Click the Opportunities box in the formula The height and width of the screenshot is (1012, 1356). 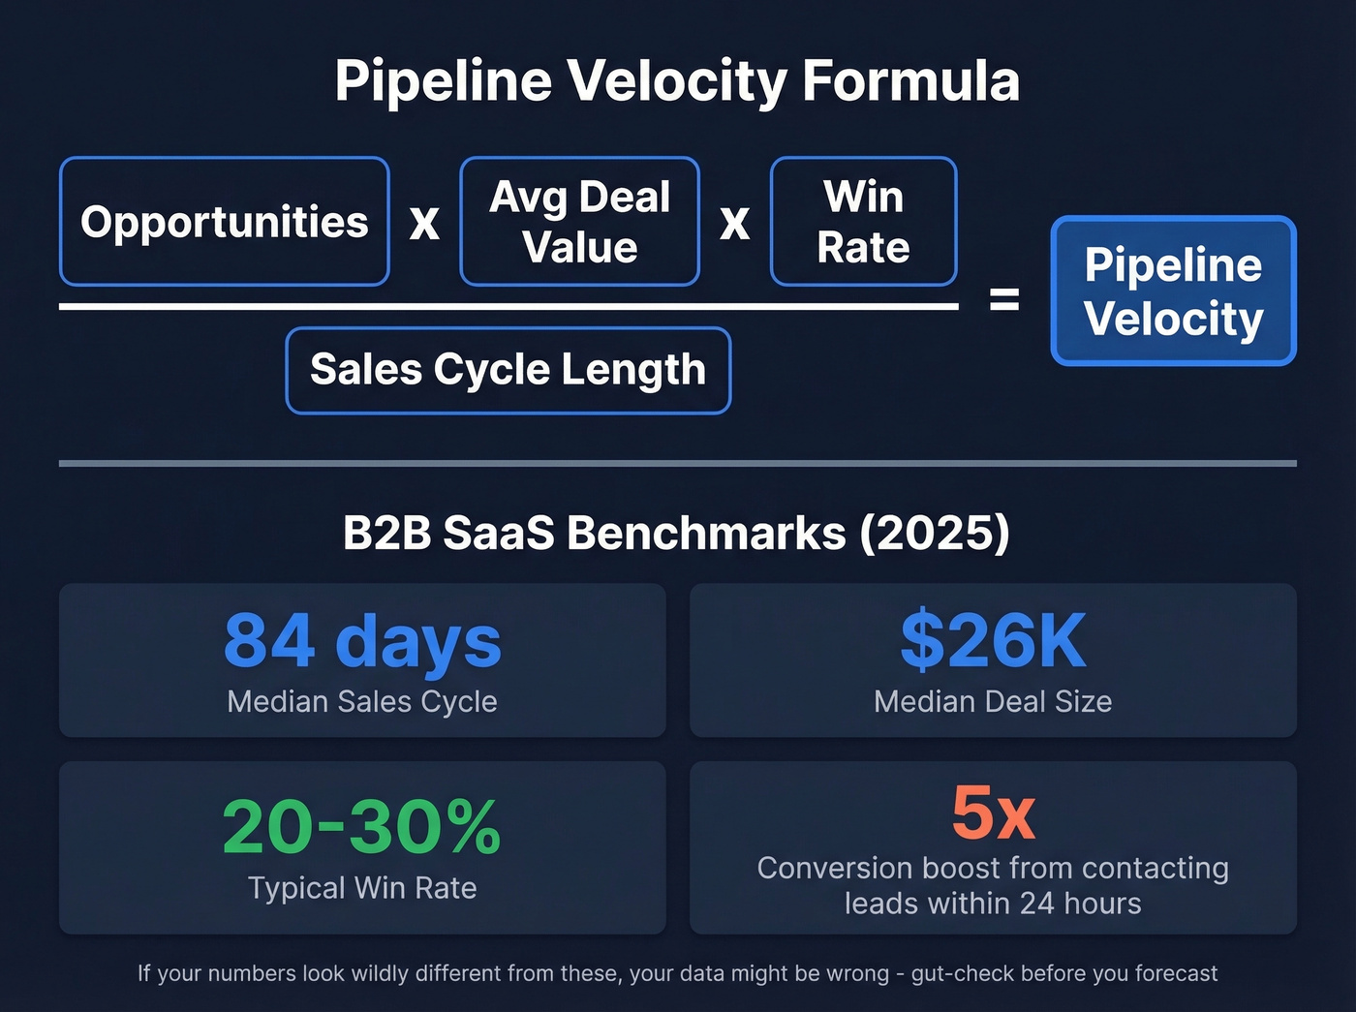click(x=224, y=222)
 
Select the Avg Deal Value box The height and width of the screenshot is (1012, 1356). click(x=579, y=222)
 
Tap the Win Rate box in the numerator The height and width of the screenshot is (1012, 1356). click(x=863, y=222)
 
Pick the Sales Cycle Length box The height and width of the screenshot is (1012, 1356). click(x=508, y=370)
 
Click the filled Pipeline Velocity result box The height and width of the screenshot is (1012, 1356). click(x=1173, y=291)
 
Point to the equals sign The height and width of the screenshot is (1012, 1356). click(x=1004, y=299)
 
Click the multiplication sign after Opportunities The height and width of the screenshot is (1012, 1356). click(x=424, y=223)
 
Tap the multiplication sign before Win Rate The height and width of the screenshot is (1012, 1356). click(x=734, y=223)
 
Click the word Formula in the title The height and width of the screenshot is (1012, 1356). click(x=910, y=80)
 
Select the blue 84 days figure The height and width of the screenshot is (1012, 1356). click(x=362, y=640)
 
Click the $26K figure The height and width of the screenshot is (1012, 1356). click(x=993, y=640)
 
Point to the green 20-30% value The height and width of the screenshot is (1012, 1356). click(x=361, y=827)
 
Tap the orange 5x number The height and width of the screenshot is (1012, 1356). click(x=993, y=813)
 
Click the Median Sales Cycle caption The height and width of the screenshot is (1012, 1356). click(x=362, y=701)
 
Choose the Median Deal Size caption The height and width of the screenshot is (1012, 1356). click(x=993, y=701)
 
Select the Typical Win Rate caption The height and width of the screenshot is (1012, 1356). click(x=362, y=888)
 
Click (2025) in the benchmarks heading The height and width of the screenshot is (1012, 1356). click(x=935, y=533)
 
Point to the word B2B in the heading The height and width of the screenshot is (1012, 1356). click(x=386, y=533)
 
